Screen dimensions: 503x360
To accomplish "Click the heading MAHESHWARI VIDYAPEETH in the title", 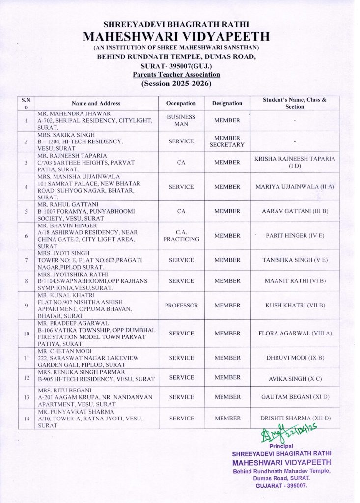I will tap(176, 37).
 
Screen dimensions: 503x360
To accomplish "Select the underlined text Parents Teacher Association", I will tap(176, 75).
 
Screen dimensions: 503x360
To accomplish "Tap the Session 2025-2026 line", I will tap(176, 84).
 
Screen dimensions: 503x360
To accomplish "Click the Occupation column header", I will tap(181, 103).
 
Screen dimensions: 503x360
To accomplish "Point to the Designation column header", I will tap(227, 103).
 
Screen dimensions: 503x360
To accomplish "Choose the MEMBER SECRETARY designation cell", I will tap(227, 141).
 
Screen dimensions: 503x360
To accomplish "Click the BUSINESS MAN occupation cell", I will tap(181, 120).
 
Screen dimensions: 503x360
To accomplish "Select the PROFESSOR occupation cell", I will tap(181, 306).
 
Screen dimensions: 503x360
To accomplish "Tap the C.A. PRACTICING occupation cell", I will tap(181, 236).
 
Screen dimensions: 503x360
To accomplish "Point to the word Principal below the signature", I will tap(281, 446).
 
